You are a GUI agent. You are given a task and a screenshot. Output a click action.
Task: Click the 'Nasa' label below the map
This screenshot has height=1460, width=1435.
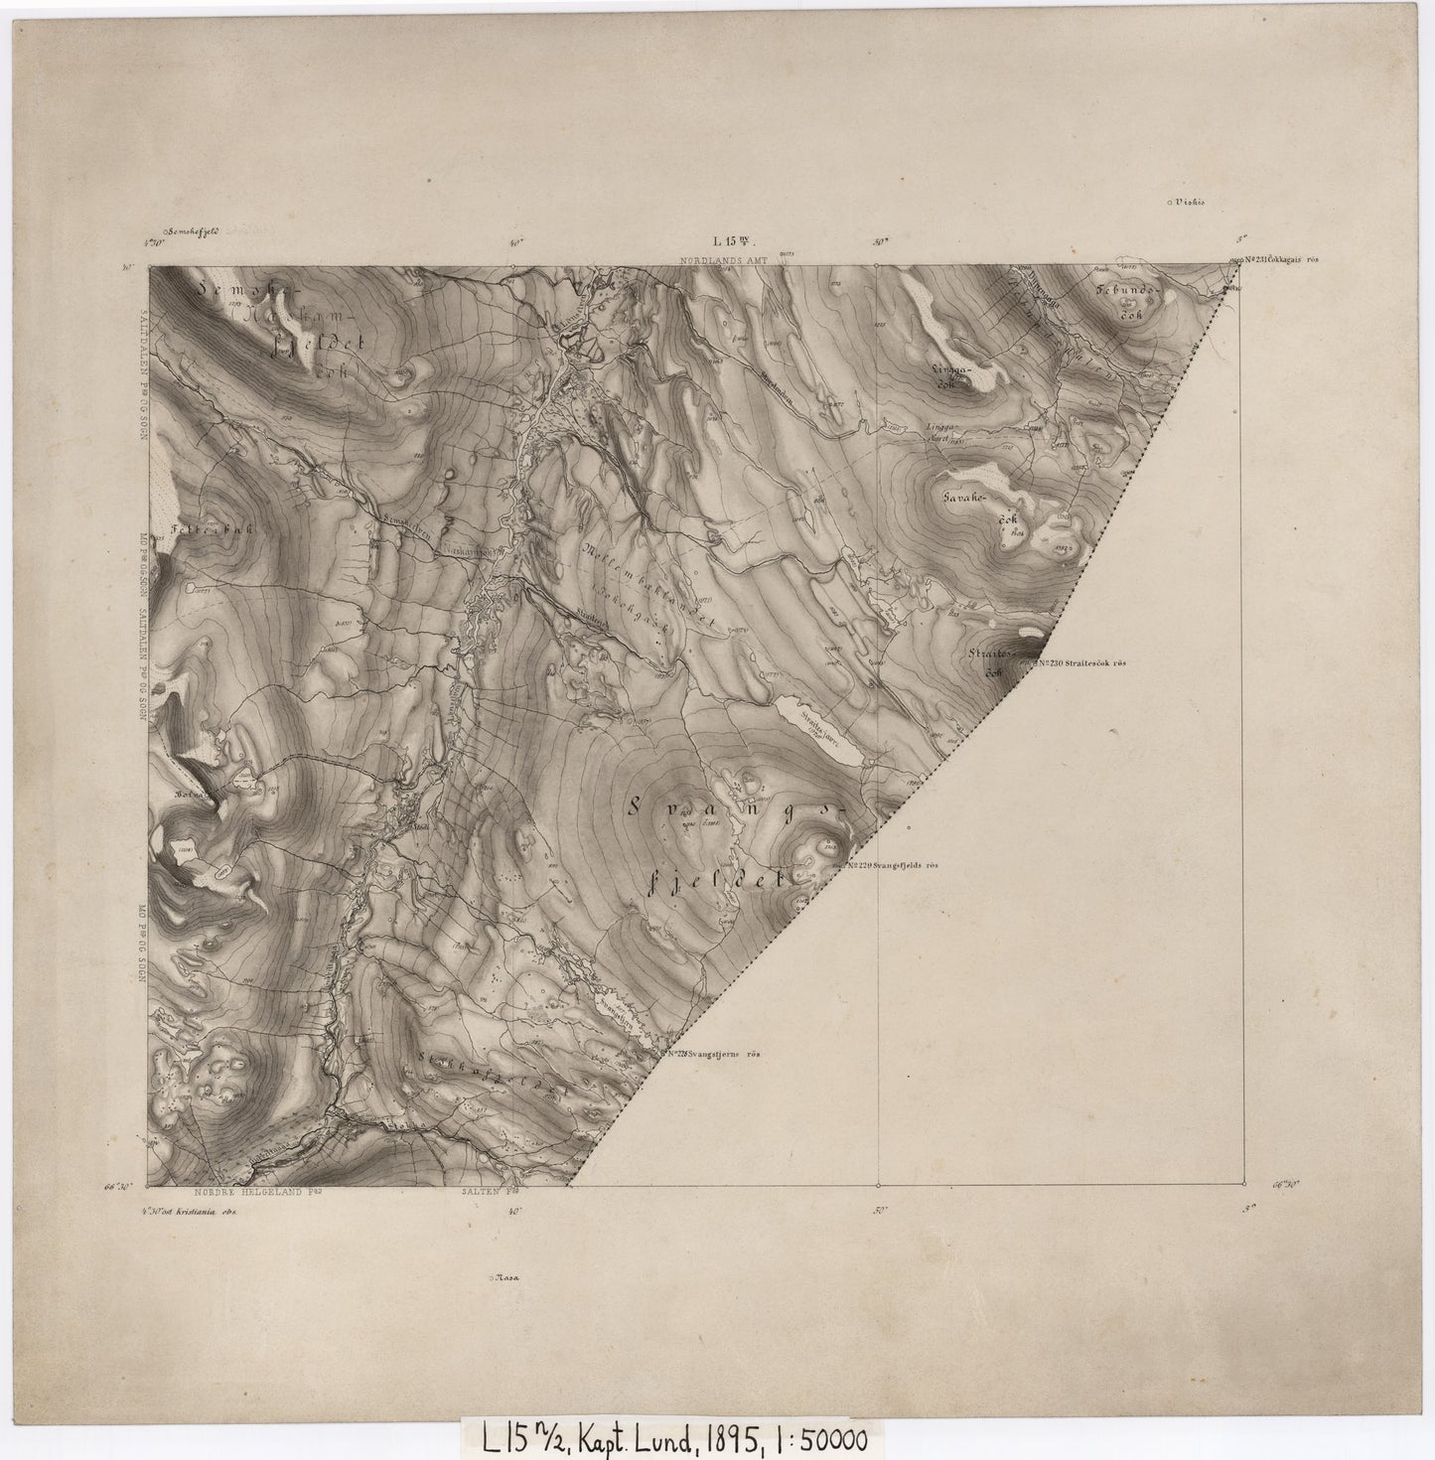[508, 1278]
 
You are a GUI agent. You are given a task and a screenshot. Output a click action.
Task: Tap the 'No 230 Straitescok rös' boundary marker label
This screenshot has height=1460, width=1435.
[1084, 662]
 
